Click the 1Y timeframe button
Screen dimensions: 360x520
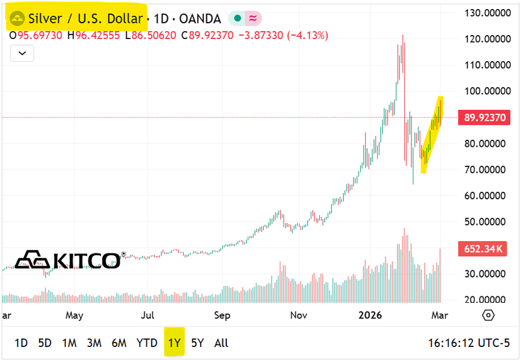[174, 342]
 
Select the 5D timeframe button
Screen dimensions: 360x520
[44, 342]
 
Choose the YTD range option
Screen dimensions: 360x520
[147, 342]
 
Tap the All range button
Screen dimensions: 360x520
[221, 342]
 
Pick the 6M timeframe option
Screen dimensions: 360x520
[118, 342]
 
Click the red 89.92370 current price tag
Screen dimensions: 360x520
[487, 118]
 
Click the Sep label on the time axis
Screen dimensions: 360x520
[223, 316]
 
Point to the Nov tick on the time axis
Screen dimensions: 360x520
[298, 316]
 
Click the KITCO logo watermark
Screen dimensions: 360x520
[69, 260]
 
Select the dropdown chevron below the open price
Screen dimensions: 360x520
[23, 53]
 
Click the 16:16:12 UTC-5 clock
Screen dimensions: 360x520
[472, 342]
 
